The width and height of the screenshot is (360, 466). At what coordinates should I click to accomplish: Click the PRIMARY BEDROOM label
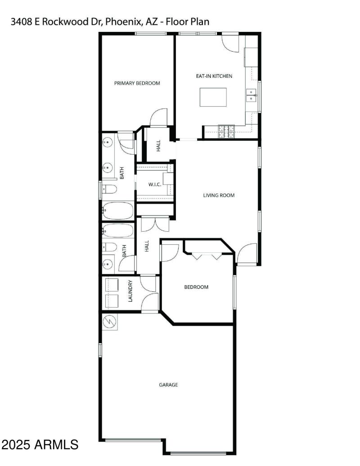pyautogui.click(x=137, y=83)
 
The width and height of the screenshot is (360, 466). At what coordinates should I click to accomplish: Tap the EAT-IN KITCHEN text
pyautogui.click(x=214, y=76)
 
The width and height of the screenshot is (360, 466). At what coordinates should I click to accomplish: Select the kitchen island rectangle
pyautogui.click(x=213, y=97)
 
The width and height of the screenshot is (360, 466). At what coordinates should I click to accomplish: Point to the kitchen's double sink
pyautogui.click(x=251, y=94)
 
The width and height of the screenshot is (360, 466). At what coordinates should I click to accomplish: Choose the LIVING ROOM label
pyautogui.click(x=219, y=195)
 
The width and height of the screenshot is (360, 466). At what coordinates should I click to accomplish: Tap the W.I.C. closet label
pyautogui.click(x=155, y=184)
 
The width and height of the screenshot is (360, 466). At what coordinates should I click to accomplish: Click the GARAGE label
pyautogui.click(x=168, y=385)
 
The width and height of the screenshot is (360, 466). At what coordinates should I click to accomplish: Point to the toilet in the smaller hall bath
pyautogui.click(x=109, y=247)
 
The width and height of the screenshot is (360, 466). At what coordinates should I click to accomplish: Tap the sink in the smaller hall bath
pyautogui.click(x=108, y=263)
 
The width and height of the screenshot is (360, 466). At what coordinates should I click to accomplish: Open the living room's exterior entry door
pyautogui.click(x=247, y=254)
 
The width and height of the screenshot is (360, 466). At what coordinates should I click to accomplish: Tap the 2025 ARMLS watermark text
pyautogui.click(x=40, y=445)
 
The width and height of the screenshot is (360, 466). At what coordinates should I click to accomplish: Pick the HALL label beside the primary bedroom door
pyautogui.click(x=158, y=145)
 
